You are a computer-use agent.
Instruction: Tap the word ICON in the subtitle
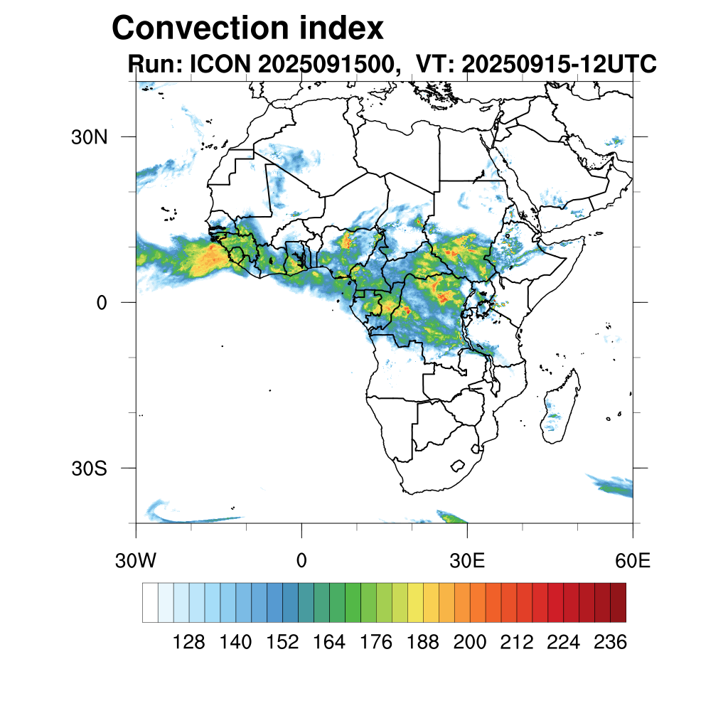tap(218, 65)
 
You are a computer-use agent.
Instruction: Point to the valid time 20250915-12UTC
tap(559, 65)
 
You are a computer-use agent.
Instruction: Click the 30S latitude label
tap(90, 469)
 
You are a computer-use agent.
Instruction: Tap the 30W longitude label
tap(136, 560)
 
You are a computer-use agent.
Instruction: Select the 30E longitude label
tap(467, 560)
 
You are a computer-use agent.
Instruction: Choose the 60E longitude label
tap(633, 560)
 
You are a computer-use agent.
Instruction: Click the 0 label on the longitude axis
tap(301, 560)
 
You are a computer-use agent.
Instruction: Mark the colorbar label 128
tap(189, 643)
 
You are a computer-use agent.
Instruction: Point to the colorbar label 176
tap(376, 643)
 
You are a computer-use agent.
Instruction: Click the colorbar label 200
tap(469, 643)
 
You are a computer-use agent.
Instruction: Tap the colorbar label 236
tap(609, 643)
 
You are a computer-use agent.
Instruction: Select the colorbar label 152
tap(282, 643)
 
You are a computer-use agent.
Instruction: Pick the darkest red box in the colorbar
tap(618, 602)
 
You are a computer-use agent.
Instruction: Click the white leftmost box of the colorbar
tap(150, 602)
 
